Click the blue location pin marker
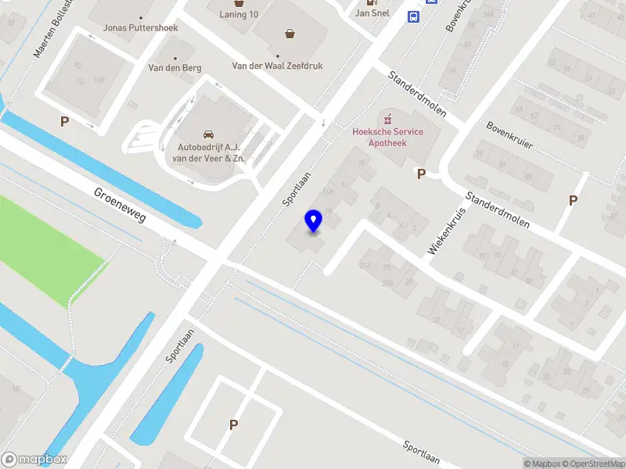(314, 221)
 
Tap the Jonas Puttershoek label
(141, 28)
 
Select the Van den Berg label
(174, 68)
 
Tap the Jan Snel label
(372, 13)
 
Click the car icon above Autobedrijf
(208, 134)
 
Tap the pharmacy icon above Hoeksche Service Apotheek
(387, 118)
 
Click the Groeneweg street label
(120, 205)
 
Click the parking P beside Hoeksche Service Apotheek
(421, 174)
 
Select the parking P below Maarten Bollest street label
(64, 121)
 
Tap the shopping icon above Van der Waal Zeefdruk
(290, 34)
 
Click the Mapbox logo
(34, 460)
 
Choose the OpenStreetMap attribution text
(592, 464)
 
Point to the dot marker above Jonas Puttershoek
(141, 17)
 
